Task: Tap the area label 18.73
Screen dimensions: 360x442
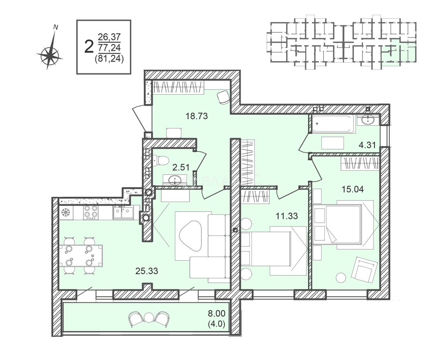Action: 197,116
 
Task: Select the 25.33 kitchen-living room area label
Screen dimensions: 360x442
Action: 147,271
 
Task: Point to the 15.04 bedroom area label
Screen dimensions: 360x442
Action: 352,189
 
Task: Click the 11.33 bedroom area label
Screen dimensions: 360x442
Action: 287,216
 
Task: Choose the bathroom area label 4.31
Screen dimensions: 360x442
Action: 367,145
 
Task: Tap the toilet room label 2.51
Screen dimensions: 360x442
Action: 180,167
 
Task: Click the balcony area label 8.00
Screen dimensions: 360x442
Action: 216,313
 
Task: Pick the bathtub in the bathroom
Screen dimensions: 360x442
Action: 332,124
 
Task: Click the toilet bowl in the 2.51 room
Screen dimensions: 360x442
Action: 161,161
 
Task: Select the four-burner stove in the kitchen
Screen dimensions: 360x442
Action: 91,212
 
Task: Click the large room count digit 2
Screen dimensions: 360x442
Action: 89,46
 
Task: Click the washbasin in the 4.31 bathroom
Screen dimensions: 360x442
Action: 369,120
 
